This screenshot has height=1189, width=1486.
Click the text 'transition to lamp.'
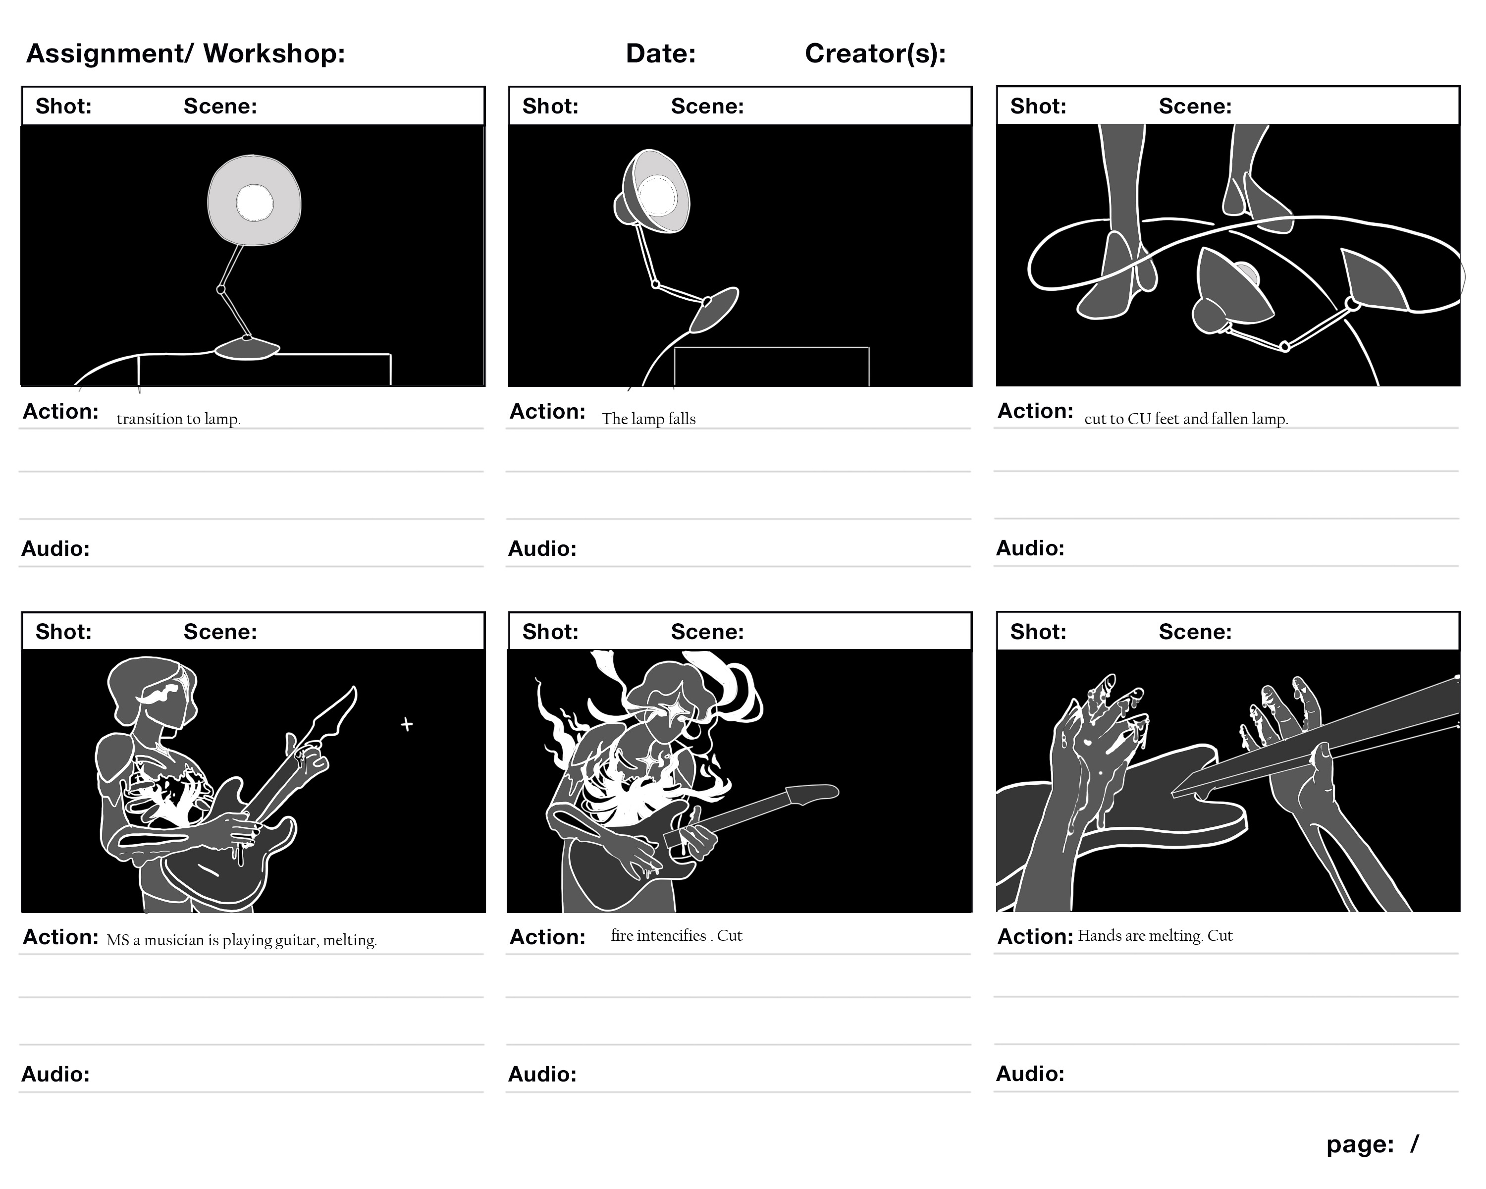[x=178, y=419]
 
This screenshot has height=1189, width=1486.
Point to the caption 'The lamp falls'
[x=648, y=419]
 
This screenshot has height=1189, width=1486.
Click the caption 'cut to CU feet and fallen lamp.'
[x=1185, y=419]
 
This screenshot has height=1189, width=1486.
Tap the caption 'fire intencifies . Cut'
[x=676, y=935]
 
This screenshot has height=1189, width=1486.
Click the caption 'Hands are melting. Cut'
[x=1155, y=935]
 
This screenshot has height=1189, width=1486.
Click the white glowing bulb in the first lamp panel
[x=254, y=203]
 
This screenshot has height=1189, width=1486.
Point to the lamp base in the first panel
[x=247, y=349]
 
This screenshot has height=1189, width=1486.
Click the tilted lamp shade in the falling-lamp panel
[x=658, y=193]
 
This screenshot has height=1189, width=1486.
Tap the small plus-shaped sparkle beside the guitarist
[x=407, y=724]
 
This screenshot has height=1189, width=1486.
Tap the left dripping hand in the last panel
[x=1089, y=745]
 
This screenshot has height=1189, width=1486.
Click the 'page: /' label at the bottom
[x=1372, y=1144]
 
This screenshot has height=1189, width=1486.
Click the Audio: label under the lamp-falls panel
[x=542, y=548]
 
